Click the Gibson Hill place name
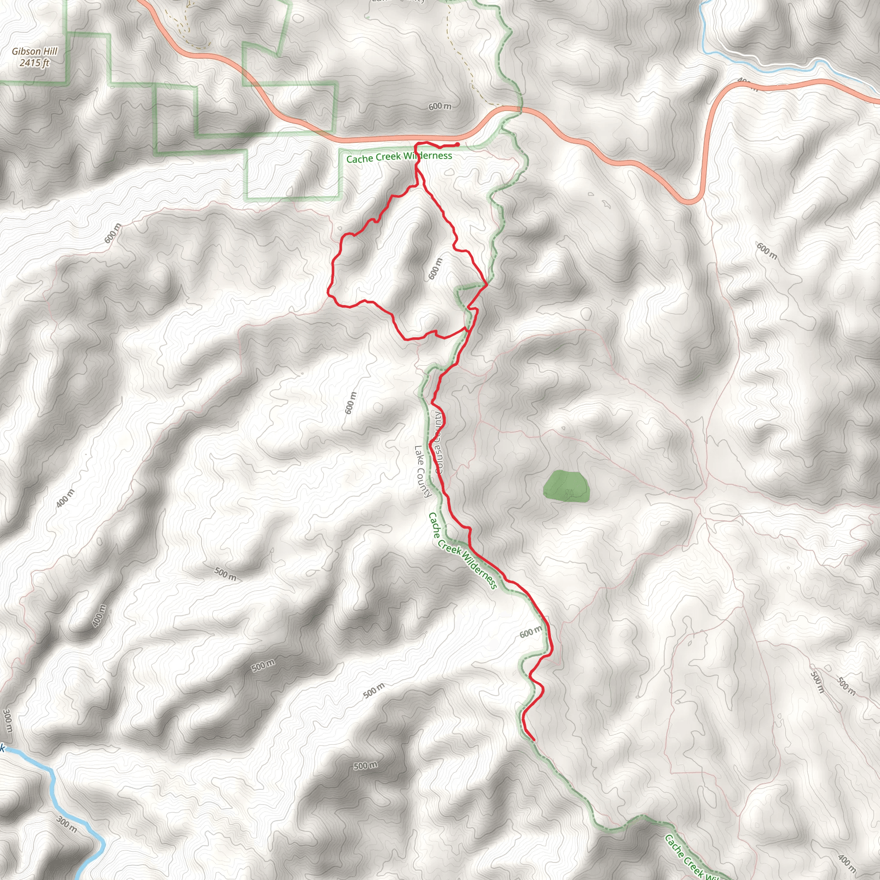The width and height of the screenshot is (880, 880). click(35, 52)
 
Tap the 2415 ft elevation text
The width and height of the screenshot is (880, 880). click(35, 63)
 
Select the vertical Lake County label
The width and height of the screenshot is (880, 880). click(422, 471)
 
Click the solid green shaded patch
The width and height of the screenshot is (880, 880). click(567, 486)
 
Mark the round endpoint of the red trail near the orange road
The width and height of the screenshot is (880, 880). click(457, 144)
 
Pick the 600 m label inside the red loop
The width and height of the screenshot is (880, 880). click(435, 269)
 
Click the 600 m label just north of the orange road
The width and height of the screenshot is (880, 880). click(440, 106)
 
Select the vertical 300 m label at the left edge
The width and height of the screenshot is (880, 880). click(7, 721)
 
